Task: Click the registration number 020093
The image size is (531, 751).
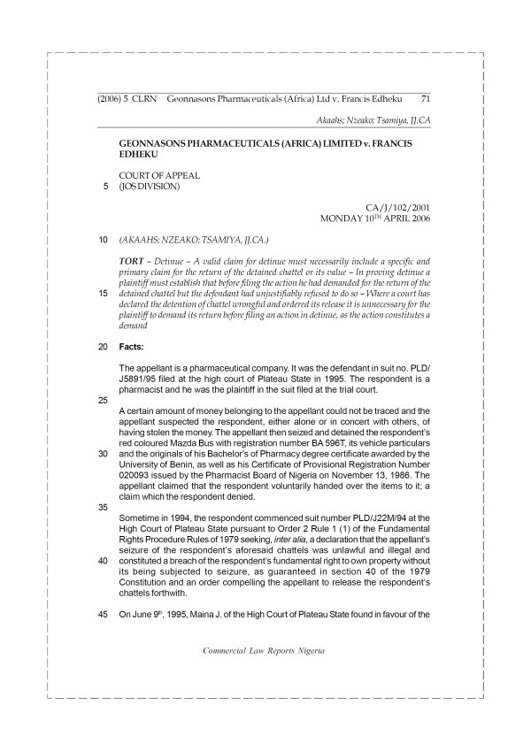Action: click(137, 487)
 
